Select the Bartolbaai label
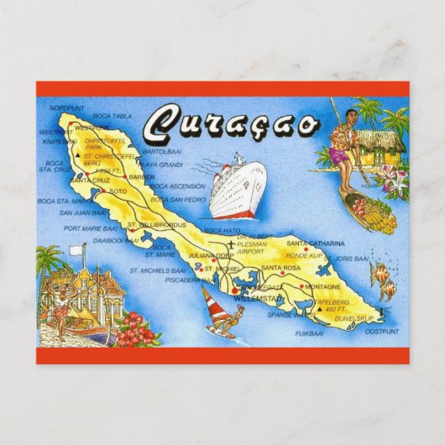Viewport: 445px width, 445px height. pos(162,152)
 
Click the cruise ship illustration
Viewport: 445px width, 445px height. pos(231,186)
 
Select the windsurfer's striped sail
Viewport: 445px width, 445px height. pos(209,300)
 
